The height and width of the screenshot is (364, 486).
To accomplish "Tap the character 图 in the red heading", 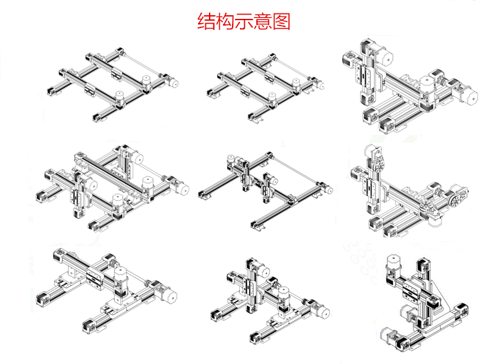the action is point(282,21).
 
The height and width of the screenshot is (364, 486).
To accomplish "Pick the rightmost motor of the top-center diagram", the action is point(309,86).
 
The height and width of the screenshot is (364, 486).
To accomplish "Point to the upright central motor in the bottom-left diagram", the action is point(120,277).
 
